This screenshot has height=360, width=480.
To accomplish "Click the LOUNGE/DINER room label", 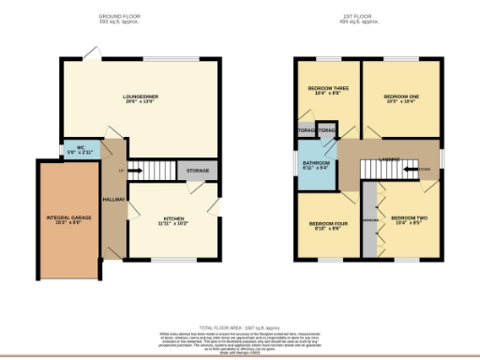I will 144,97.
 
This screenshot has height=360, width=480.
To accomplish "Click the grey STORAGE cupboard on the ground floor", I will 198,171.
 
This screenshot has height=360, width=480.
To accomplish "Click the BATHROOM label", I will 315,166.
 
